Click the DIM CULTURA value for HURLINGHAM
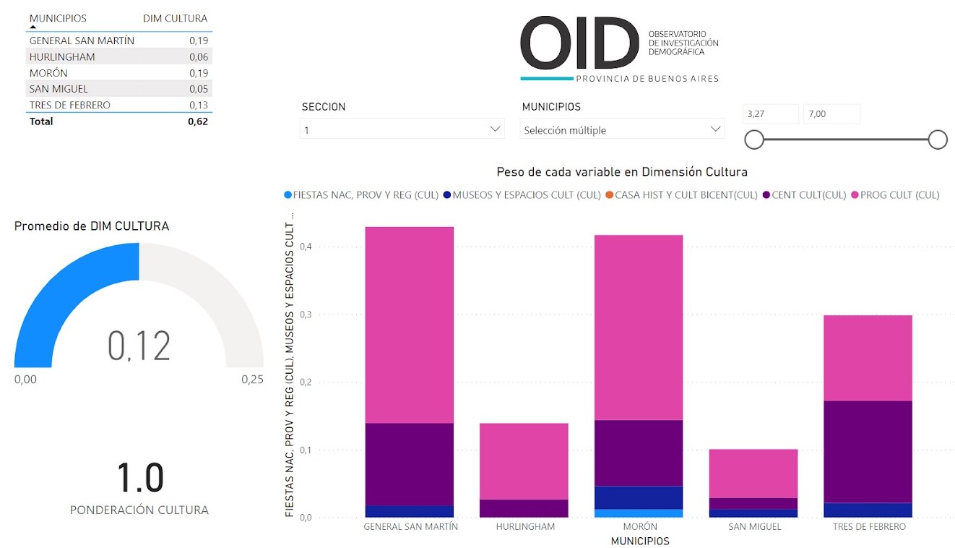[199, 57]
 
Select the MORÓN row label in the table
[48, 73]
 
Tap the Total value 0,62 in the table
[197, 121]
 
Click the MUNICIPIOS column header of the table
[58, 18]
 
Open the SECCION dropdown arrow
[496, 129]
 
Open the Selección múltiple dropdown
[621, 130]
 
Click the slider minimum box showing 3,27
[771, 114]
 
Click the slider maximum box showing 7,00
[831, 114]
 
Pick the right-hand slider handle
[938, 140]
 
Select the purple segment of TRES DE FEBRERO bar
[868, 451]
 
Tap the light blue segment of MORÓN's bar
[639, 513]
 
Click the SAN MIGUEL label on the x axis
[754, 526]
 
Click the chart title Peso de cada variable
[621, 172]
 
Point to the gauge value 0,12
[139, 346]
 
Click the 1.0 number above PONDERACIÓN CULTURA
[140, 478]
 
